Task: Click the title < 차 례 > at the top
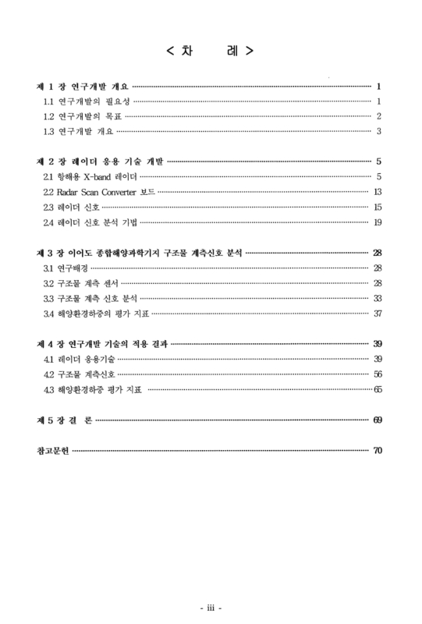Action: click(x=210, y=52)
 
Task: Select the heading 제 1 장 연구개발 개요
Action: click(x=83, y=87)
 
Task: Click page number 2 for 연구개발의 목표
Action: click(x=378, y=116)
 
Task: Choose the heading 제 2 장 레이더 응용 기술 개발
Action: click(x=100, y=161)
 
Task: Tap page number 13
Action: click(x=377, y=192)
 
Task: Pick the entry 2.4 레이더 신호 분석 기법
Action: click(x=93, y=222)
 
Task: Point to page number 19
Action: click(x=377, y=222)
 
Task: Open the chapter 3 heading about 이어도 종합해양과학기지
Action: click(x=140, y=253)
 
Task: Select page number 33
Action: click(x=377, y=298)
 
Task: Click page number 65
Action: click(x=377, y=389)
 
